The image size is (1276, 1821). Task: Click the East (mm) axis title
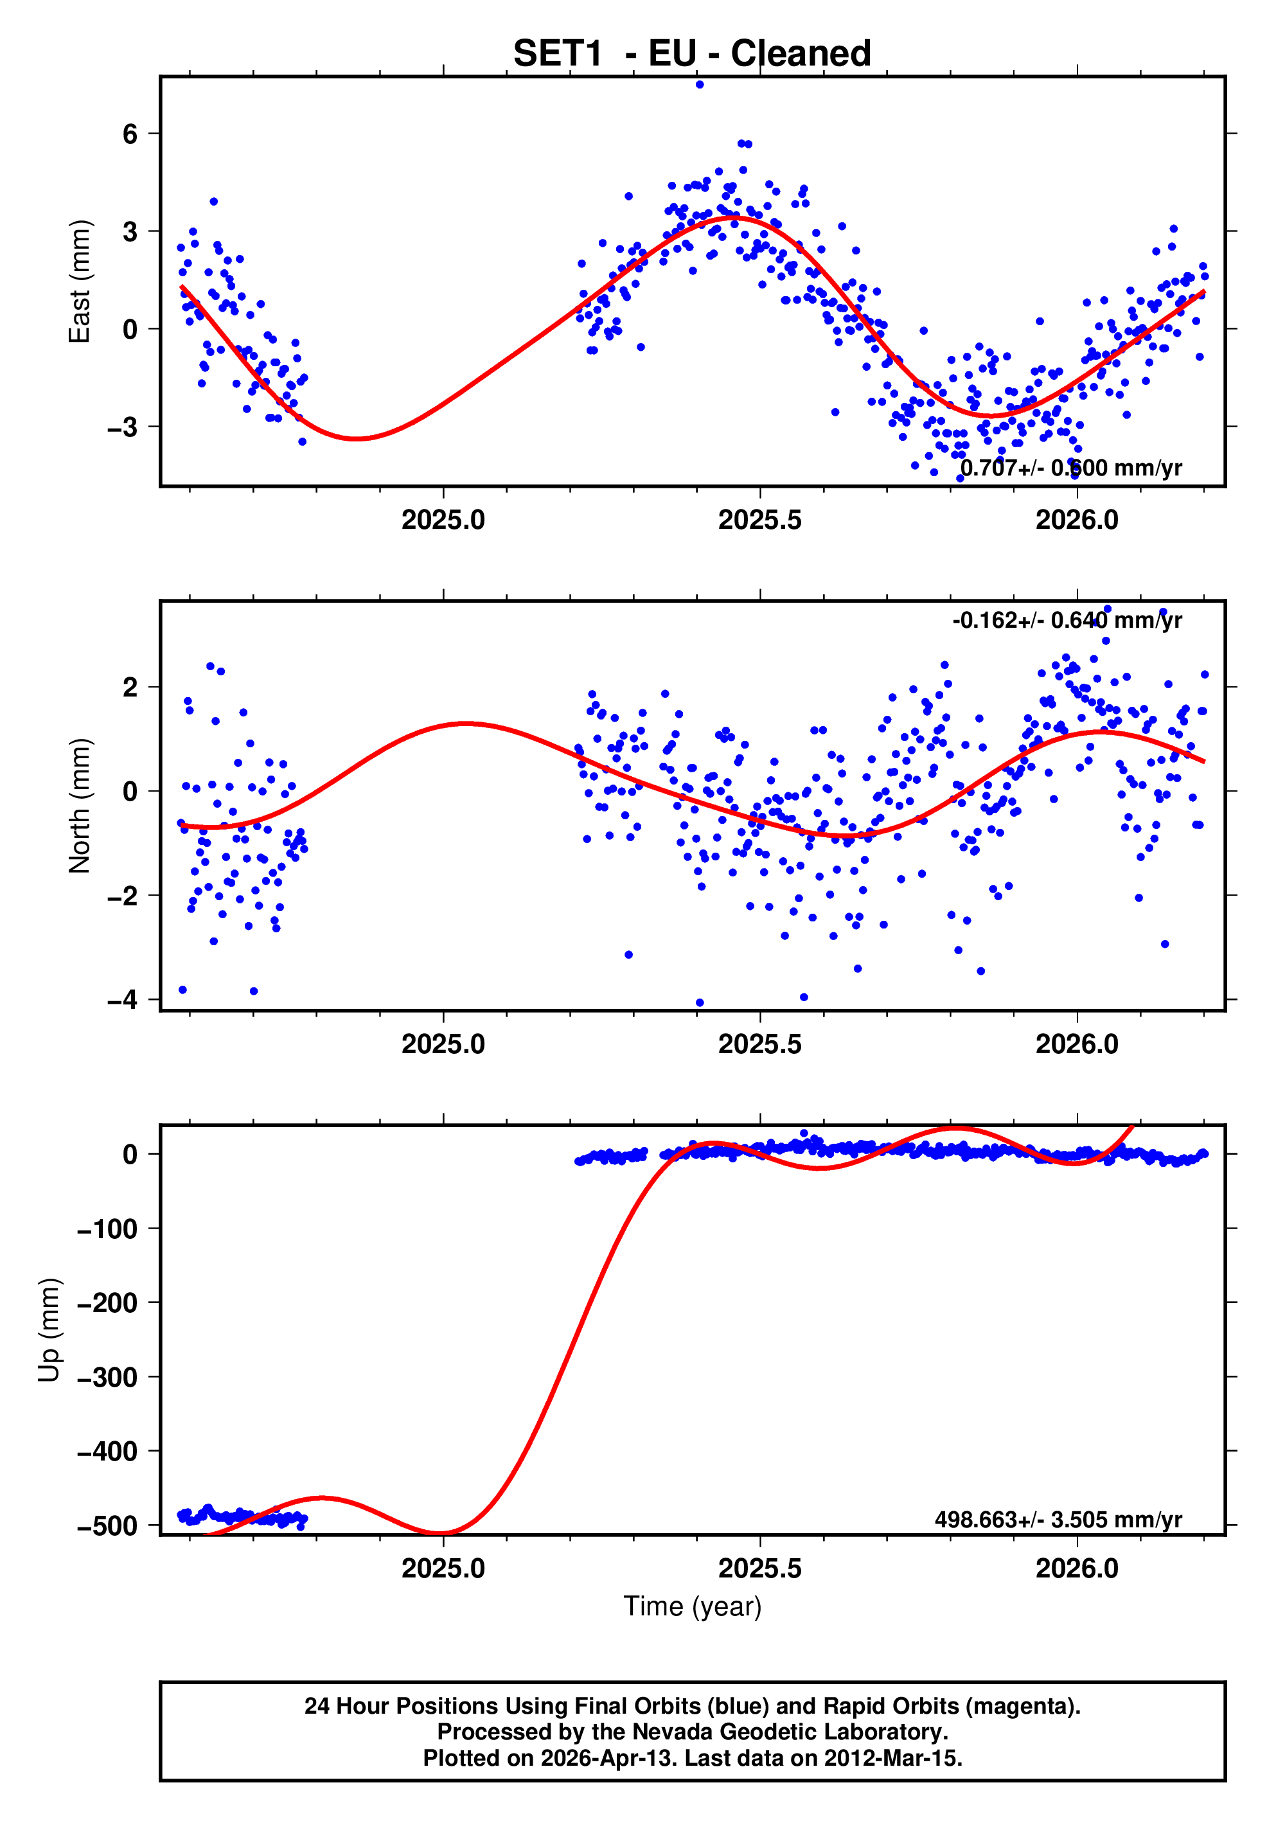(x=79, y=281)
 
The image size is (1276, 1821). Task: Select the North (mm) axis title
(x=79, y=806)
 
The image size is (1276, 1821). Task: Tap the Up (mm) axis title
(x=49, y=1330)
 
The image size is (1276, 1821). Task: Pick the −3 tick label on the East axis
(x=123, y=427)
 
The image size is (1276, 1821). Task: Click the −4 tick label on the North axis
(x=123, y=999)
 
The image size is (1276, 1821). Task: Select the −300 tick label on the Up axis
(x=108, y=1377)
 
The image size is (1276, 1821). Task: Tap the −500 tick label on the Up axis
(x=108, y=1525)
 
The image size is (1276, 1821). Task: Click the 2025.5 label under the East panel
(x=759, y=520)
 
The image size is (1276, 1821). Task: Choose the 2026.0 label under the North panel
(x=1076, y=1045)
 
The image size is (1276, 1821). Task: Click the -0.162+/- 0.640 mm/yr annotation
(x=1067, y=620)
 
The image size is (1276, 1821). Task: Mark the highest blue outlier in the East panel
(x=698, y=85)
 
